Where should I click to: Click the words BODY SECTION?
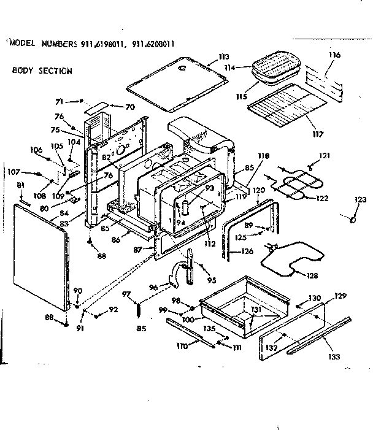click(42, 71)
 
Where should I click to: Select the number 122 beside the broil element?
click(322, 199)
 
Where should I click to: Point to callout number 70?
click(129, 107)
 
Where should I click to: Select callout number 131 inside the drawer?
click(256, 310)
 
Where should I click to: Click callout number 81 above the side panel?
click(20, 185)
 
